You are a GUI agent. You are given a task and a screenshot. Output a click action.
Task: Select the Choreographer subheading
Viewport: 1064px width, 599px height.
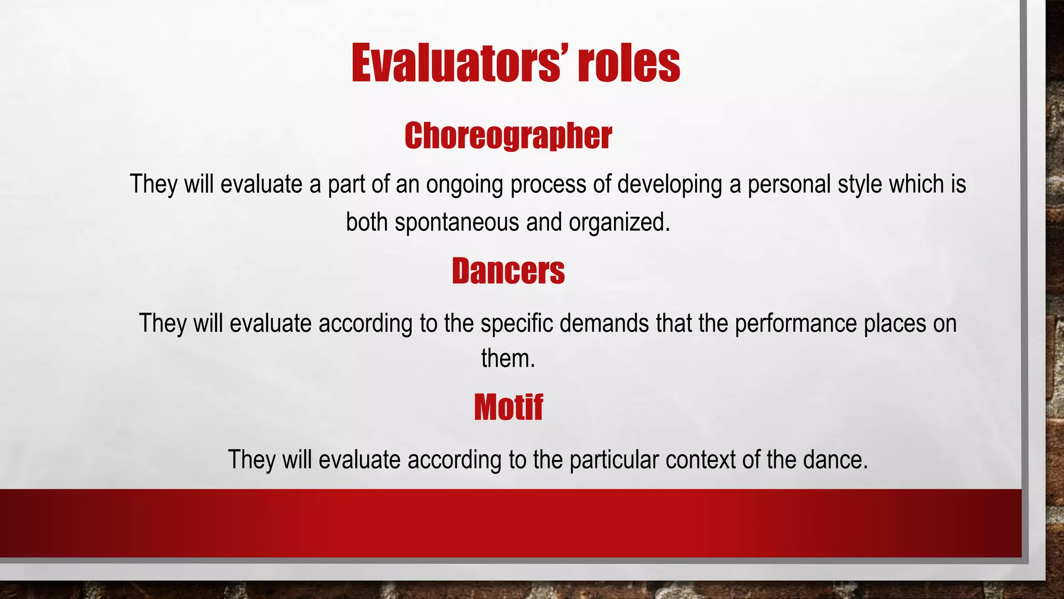pos(508,136)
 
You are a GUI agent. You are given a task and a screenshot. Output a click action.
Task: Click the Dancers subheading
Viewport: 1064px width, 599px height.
pos(508,271)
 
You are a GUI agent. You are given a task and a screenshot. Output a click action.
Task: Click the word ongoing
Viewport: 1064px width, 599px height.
pos(464,185)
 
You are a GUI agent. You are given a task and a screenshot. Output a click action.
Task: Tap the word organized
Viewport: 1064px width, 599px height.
pos(619,223)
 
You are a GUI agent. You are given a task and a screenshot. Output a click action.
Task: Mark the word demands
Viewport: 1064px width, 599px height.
pos(604,323)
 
